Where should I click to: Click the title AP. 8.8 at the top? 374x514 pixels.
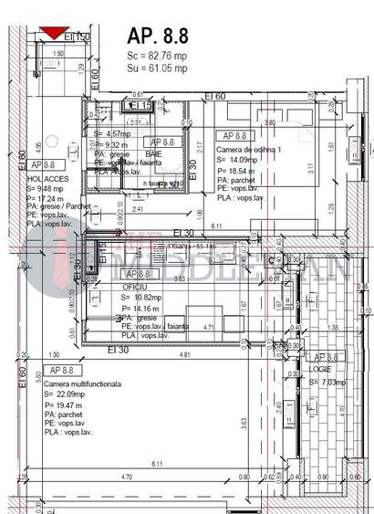click(x=158, y=37)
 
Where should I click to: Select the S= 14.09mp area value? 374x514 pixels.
click(x=238, y=159)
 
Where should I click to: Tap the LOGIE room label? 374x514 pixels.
click(x=322, y=370)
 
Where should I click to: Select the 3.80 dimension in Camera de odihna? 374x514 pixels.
click(x=269, y=121)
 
